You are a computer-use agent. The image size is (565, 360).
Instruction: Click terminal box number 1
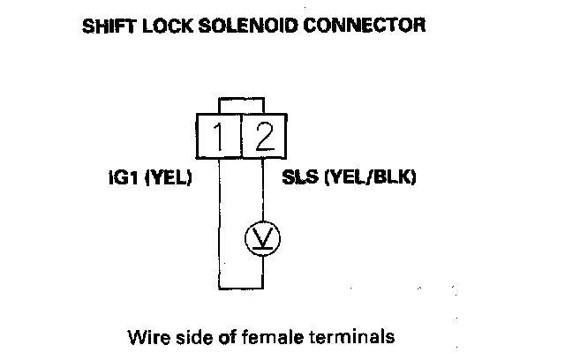tap(219, 137)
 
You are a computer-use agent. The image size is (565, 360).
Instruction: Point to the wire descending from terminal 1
tap(219, 221)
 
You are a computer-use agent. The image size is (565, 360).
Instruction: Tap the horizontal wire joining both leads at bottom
tap(241, 287)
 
